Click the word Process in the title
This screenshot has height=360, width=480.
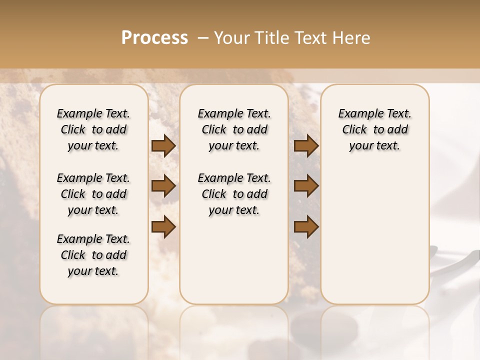click(154, 38)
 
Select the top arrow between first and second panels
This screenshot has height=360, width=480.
click(163, 145)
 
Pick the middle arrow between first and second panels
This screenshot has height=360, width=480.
click(163, 186)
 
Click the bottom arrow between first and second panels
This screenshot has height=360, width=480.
click(163, 227)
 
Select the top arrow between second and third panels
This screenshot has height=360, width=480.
click(306, 145)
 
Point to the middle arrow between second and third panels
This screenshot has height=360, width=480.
click(306, 186)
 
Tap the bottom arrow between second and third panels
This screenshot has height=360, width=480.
click(306, 227)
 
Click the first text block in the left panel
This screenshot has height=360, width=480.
click(93, 129)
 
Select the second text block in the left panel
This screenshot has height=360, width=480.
click(93, 194)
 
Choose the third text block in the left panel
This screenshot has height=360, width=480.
click(93, 255)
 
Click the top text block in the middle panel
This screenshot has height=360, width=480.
click(234, 129)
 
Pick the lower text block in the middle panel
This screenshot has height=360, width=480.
click(234, 194)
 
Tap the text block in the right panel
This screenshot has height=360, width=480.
click(375, 129)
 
